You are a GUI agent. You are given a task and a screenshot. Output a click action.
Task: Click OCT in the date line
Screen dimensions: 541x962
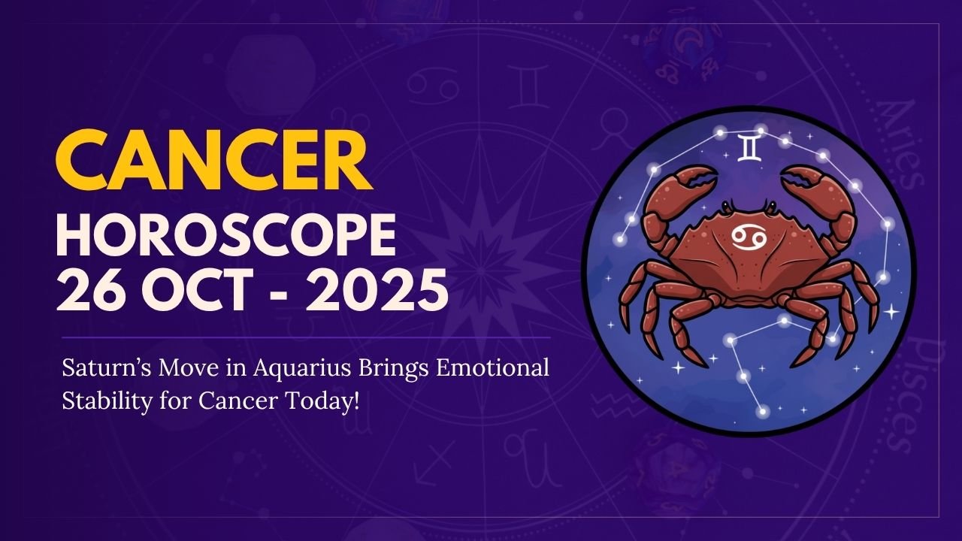point(199,292)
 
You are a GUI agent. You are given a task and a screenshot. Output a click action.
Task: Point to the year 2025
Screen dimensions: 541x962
point(375,292)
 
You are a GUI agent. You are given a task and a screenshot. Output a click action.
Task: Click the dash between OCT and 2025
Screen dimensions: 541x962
point(286,294)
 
